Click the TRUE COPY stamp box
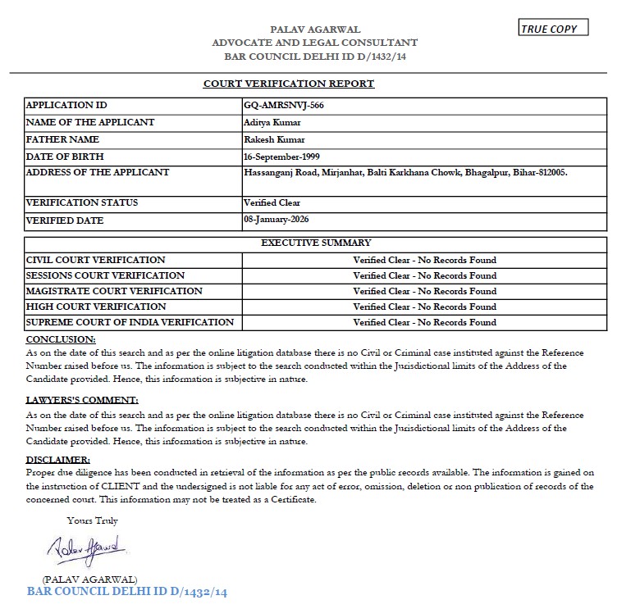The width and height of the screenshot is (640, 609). point(554,29)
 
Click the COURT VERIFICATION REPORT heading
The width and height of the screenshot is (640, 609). point(289,84)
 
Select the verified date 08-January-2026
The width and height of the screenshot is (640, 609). point(277,220)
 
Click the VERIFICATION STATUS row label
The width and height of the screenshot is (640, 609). point(82,202)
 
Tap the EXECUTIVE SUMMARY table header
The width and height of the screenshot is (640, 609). point(316,243)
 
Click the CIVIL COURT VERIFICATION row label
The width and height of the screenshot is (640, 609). point(96,260)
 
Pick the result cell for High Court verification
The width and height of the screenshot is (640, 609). point(424,307)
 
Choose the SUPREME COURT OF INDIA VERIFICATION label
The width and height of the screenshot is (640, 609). point(130,322)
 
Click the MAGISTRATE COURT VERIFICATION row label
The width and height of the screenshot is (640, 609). point(114,291)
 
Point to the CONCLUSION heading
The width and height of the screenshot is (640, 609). point(61,339)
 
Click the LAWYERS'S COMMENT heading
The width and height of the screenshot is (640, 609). point(82,400)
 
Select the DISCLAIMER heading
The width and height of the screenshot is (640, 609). point(58,460)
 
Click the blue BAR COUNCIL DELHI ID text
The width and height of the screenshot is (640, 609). point(126,591)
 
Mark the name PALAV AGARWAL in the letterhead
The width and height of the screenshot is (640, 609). point(314,30)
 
